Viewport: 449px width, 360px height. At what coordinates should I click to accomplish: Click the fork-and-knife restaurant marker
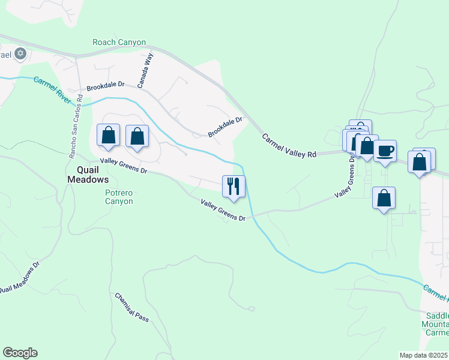coord(234,186)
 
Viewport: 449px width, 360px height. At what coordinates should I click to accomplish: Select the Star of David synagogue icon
coord(20,54)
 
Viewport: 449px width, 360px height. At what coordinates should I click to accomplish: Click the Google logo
coord(20,353)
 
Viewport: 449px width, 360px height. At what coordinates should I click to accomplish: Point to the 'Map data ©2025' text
coord(424,355)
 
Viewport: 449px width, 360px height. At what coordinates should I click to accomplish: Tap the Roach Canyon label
coord(119,42)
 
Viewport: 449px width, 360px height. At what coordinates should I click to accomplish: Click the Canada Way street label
coord(146,70)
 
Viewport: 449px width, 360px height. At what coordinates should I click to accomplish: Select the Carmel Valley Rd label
coord(289,146)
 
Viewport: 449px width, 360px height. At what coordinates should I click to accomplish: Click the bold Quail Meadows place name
coord(88,174)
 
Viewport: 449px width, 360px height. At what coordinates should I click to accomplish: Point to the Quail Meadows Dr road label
coord(19,278)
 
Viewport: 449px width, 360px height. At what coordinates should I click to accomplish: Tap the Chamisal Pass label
coord(131,307)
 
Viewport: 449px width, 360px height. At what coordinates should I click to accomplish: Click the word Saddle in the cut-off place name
coord(436,316)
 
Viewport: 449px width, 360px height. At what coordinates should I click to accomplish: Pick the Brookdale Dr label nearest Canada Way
coord(105,87)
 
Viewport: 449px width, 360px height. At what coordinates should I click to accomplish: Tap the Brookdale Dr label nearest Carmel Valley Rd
coord(225,127)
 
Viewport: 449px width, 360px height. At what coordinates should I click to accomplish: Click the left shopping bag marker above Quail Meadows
coord(108,136)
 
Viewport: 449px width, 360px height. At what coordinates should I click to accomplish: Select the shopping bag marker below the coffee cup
coord(384,198)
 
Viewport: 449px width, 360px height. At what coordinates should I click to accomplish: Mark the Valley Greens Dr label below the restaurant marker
coord(224,211)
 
